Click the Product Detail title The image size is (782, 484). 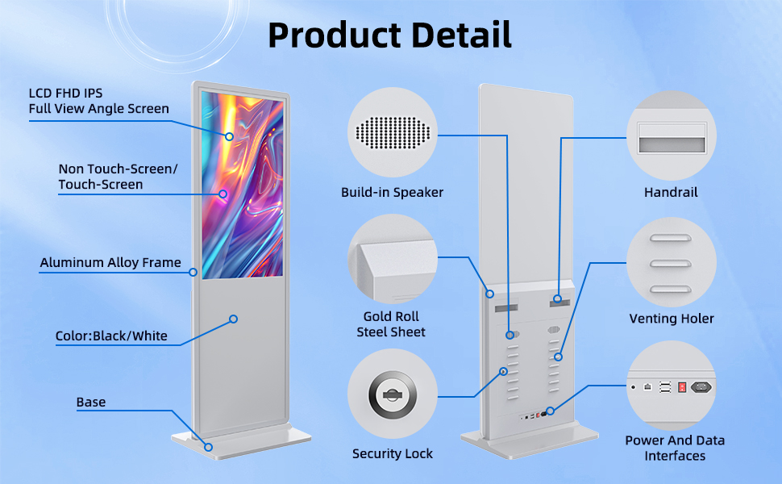tap(389, 35)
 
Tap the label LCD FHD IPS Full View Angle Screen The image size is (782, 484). tap(98, 100)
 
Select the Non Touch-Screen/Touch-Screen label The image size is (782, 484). tap(118, 177)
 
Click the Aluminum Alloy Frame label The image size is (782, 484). tap(110, 262)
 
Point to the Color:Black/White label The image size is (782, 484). tap(111, 336)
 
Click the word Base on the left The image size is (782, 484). tap(91, 402)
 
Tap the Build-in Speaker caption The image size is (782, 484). tap(392, 192)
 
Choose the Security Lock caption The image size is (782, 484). tap(392, 453)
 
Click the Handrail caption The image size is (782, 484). tap(671, 192)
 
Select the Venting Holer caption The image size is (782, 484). tap(671, 318)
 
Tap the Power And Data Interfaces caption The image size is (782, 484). tap(675, 448)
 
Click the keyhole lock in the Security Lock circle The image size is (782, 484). tap(392, 395)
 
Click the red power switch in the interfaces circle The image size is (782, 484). tap(681, 386)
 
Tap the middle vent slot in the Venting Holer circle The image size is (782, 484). tap(671, 263)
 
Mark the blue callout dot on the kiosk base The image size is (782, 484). tap(208, 446)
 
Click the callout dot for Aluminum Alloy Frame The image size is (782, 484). tap(193, 272)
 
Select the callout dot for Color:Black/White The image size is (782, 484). tap(233, 319)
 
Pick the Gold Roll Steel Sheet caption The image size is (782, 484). tap(391, 323)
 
